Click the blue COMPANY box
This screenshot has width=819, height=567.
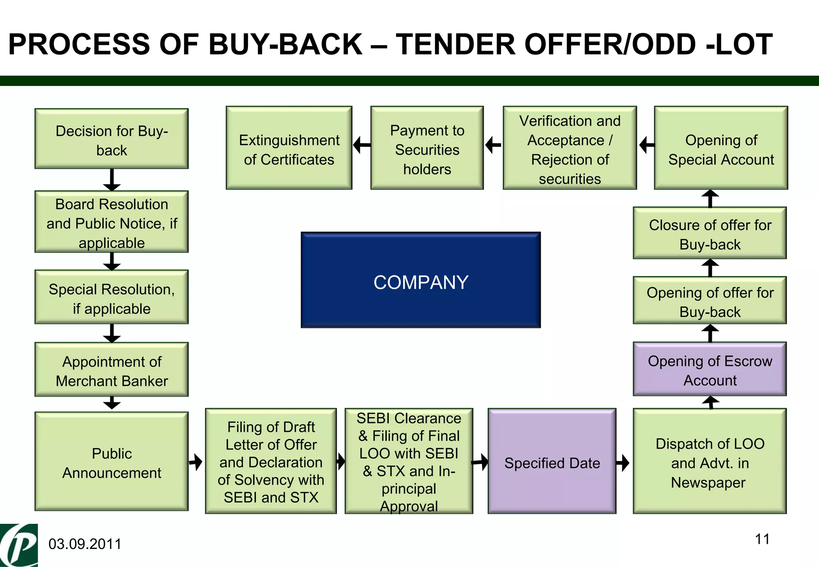pyautogui.click(x=421, y=280)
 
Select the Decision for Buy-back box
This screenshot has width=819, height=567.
pyautogui.click(x=112, y=139)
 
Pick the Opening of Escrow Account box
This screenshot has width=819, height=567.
pyautogui.click(x=710, y=369)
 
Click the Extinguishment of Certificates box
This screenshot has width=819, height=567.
pyautogui.click(x=289, y=148)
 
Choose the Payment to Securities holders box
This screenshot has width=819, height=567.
pyautogui.click(x=427, y=148)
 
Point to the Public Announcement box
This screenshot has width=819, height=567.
pyautogui.click(x=112, y=461)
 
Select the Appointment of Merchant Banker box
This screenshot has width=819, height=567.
pyautogui.click(x=112, y=369)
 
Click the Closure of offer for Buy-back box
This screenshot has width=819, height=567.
pyautogui.click(x=710, y=233)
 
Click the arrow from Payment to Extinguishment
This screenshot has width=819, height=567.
pyautogui.click(x=362, y=145)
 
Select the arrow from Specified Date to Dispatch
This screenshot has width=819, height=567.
pyautogui.click(x=623, y=463)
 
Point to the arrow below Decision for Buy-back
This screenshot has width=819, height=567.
pyautogui.click(x=112, y=180)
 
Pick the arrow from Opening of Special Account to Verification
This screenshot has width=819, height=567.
pyautogui.click(x=646, y=145)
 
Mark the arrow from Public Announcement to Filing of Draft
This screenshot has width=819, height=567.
pyautogui.click(x=196, y=462)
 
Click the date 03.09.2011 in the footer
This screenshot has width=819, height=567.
pyautogui.click(x=85, y=544)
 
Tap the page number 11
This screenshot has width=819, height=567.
pyautogui.click(x=762, y=539)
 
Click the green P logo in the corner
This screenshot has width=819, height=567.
pyautogui.click(x=19, y=545)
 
